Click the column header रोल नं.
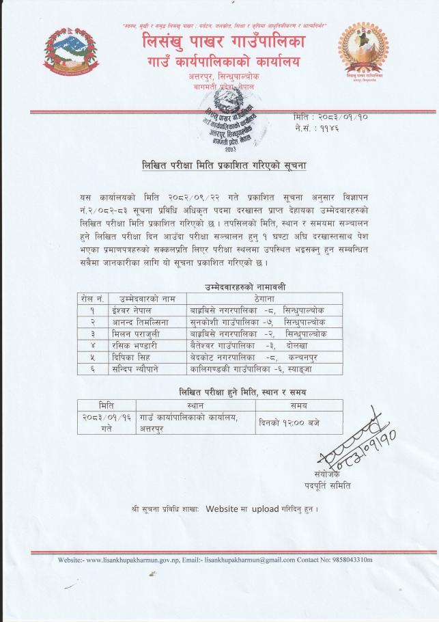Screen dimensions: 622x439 pos(91,298)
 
